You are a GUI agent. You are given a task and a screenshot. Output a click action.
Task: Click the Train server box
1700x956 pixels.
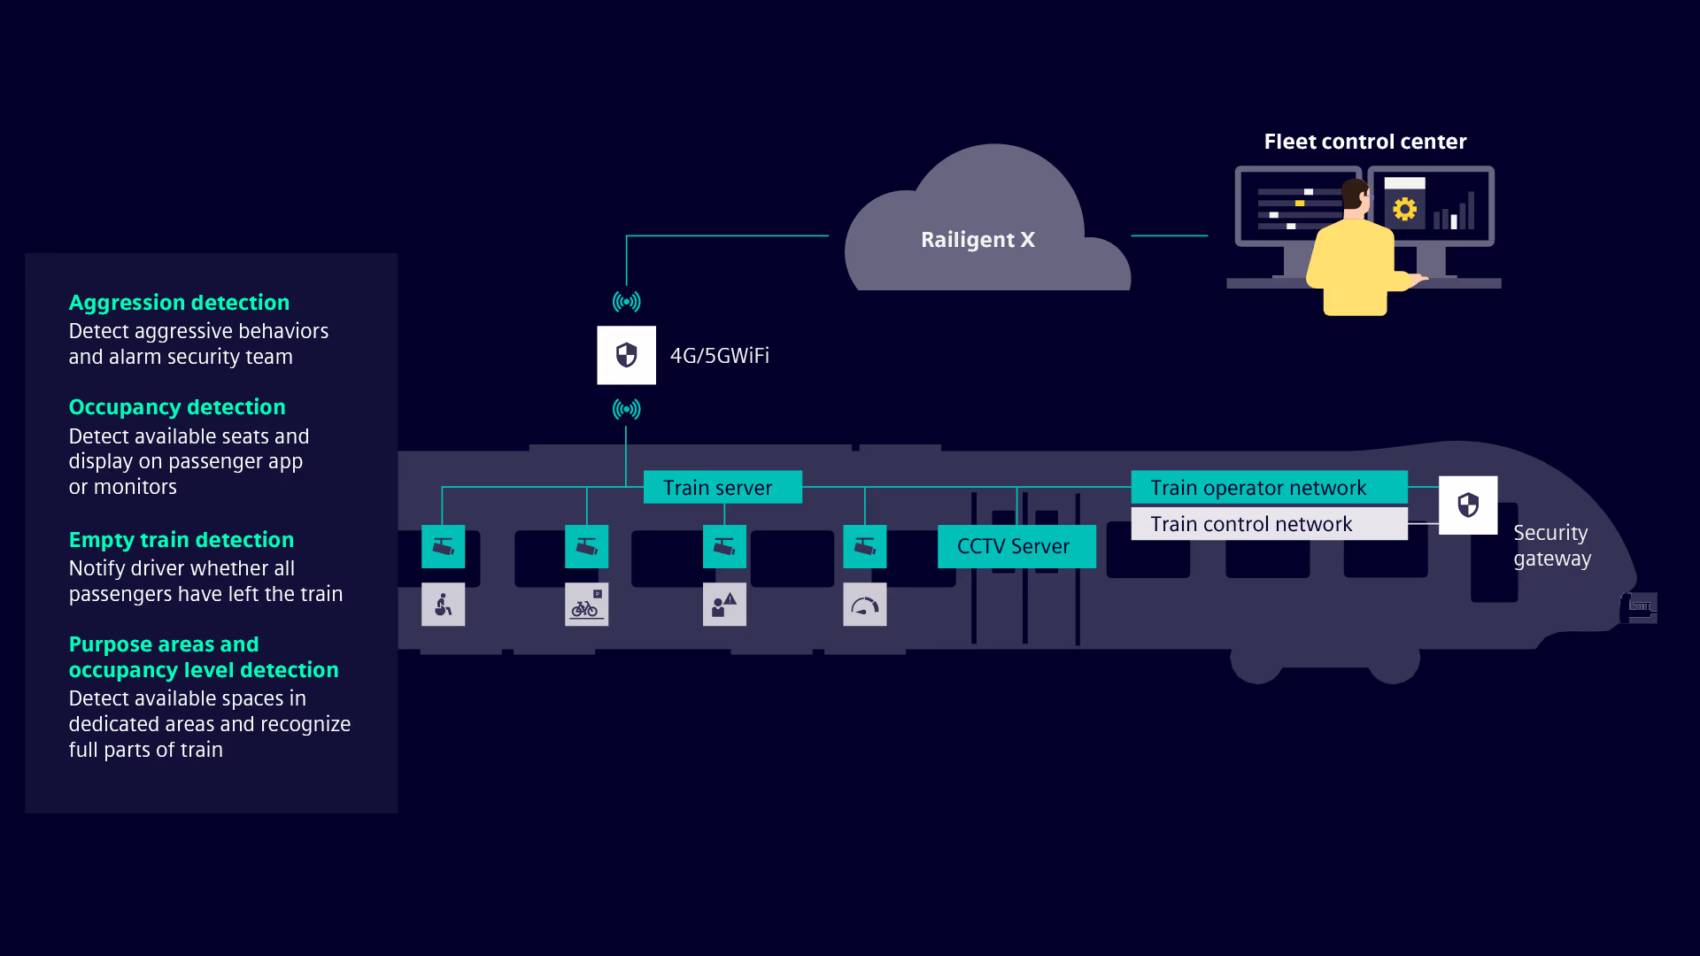pos(722,487)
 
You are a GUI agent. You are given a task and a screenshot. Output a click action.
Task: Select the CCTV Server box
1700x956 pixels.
pos(1016,546)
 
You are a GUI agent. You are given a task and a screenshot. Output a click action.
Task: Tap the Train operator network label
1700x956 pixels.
pos(1258,488)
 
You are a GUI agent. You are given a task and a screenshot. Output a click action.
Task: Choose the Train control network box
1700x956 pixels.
pos(1269,523)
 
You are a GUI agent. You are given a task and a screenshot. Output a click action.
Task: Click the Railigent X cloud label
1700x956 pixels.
pos(977,240)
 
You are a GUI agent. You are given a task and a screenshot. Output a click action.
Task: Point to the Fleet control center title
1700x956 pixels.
pos(1365,142)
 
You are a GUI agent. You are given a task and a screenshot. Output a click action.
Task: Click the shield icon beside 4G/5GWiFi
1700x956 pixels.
pos(626,355)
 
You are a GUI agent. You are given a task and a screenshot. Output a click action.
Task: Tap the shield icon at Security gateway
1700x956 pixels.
pos(1468,505)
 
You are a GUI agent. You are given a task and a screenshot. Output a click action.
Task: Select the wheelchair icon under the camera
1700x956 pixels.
pos(443,605)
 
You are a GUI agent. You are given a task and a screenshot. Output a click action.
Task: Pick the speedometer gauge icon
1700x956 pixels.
pos(865,605)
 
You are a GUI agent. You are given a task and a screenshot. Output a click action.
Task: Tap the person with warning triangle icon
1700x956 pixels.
pos(724,605)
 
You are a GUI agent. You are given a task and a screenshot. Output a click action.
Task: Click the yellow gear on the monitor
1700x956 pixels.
pos(1404,210)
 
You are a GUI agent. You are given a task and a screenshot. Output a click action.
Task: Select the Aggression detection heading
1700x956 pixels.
pos(179,303)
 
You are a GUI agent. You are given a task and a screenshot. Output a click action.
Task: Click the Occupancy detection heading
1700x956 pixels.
pos(177,407)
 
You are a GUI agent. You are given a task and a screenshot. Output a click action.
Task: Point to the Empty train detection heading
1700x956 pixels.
pos(182,540)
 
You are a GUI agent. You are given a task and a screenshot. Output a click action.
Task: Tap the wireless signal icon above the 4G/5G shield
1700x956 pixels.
pos(626,302)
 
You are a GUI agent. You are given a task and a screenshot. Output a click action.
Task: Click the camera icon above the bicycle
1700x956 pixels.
pos(586,546)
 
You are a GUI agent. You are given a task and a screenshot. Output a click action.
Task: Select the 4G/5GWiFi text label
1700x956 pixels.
pos(720,356)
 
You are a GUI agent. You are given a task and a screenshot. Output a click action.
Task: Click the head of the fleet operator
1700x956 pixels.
pos(1356,195)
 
